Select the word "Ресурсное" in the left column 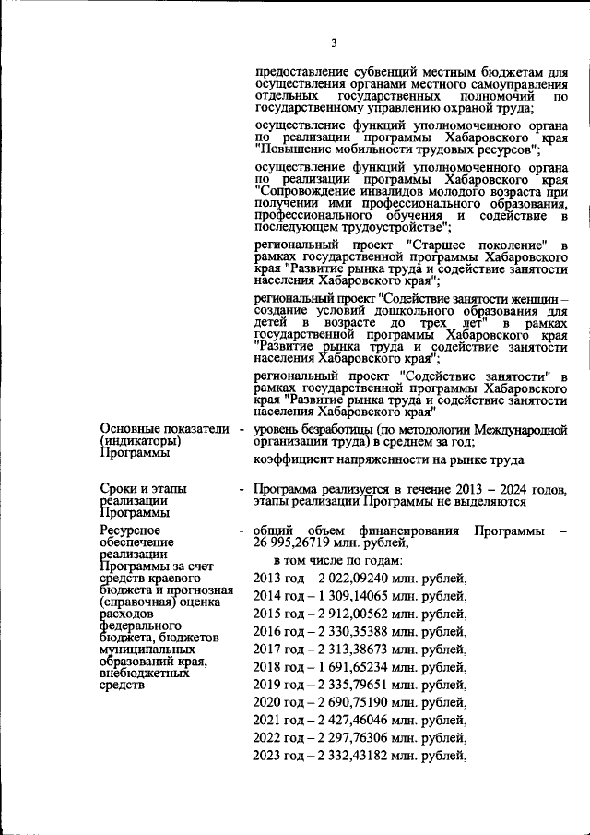[130, 531]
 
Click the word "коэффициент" [292, 459]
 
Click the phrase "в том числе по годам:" [337, 560]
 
